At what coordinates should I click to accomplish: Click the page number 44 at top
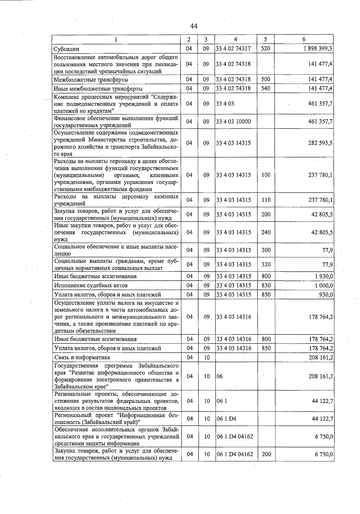(x=193, y=26)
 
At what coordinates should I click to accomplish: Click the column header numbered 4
(x=235, y=39)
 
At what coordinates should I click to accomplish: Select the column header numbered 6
(x=304, y=39)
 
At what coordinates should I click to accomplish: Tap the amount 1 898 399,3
(x=318, y=49)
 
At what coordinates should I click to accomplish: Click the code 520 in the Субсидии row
(x=266, y=49)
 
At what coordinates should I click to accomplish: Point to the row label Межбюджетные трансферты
(x=91, y=80)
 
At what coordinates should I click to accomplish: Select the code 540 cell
(x=266, y=88)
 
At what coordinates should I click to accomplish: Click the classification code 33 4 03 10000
(x=233, y=122)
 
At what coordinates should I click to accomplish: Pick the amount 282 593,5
(x=320, y=143)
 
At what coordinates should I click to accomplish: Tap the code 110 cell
(x=266, y=200)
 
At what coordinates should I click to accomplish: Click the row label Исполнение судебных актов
(x=91, y=285)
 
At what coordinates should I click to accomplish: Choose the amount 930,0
(x=326, y=295)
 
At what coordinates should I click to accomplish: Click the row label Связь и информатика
(x=82, y=357)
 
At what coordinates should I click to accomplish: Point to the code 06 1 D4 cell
(x=226, y=419)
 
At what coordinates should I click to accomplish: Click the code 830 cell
(x=266, y=285)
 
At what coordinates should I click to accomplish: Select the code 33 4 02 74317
(x=233, y=49)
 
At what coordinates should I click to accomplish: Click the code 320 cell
(x=266, y=265)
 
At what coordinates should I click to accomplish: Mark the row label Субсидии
(x=66, y=49)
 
